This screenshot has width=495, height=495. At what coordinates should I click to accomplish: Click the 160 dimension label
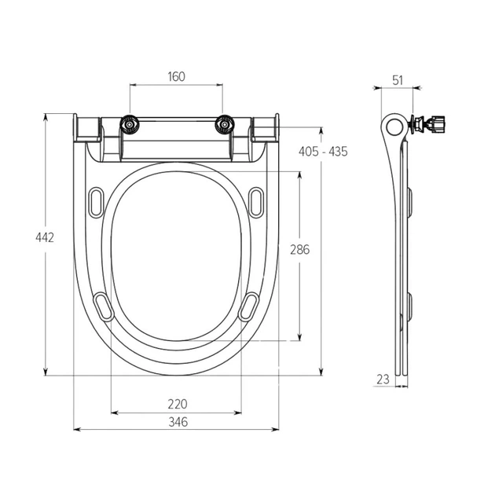[176, 77]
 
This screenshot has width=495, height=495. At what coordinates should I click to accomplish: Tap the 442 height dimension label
[45, 237]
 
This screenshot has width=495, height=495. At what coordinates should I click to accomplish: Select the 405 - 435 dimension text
[323, 152]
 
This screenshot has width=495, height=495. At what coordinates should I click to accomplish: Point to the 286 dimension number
[300, 250]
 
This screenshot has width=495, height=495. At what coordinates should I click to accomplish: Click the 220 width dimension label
[178, 404]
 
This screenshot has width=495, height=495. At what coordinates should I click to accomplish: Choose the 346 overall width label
[178, 422]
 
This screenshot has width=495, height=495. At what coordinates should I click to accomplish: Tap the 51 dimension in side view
[398, 80]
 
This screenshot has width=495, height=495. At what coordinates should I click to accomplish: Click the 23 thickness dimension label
[383, 379]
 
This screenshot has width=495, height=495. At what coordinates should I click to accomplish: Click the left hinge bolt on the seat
[129, 125]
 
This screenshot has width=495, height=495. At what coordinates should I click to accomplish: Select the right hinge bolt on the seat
[224, 125]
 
